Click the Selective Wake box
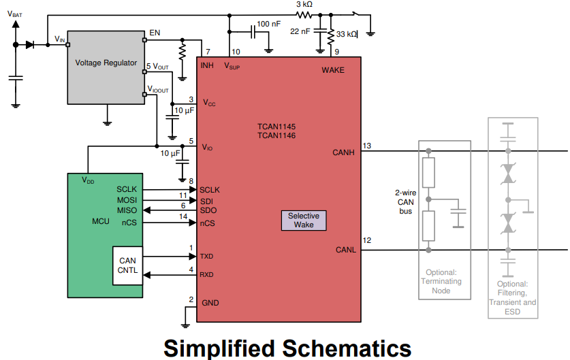pyautogui.click(x=304, y=220)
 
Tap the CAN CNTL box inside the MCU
pyautogui.click(x=127, y=265)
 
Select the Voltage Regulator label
pyautogui.click(x=106, y=63)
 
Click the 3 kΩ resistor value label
pyautogui.click(x=304, y=4)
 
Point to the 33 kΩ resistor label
pyautogui.click(x=347, y=34)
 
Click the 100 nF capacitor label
pyautogui.click(x=268, y=24)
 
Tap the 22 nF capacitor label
pyautogui.click(x=300, y=31)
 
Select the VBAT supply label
pyautogui.click(x=15, y=14)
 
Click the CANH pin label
pyautogui.click(x=343, y=152)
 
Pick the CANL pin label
pyautogui.click(x=346, y=250)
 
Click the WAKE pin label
pyautogui.click(x=332, y=70)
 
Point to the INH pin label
pyautogui.click(x=207, y=65)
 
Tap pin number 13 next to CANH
pyautogui.click(x=366, y=146)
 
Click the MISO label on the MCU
pyautogui.click(x=127, y=210)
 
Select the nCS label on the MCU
pyautogui.click(x=129, y=223)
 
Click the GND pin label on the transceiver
pyautogui.click(x=210, y=303)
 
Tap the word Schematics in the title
pyautogui.click(x=347, y=348)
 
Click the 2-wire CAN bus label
pyautogui.click(x=405, y=202)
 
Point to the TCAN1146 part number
pyautogui.click(x=276, y=136)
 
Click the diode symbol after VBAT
pyautogui.click(x=30, y=45)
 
